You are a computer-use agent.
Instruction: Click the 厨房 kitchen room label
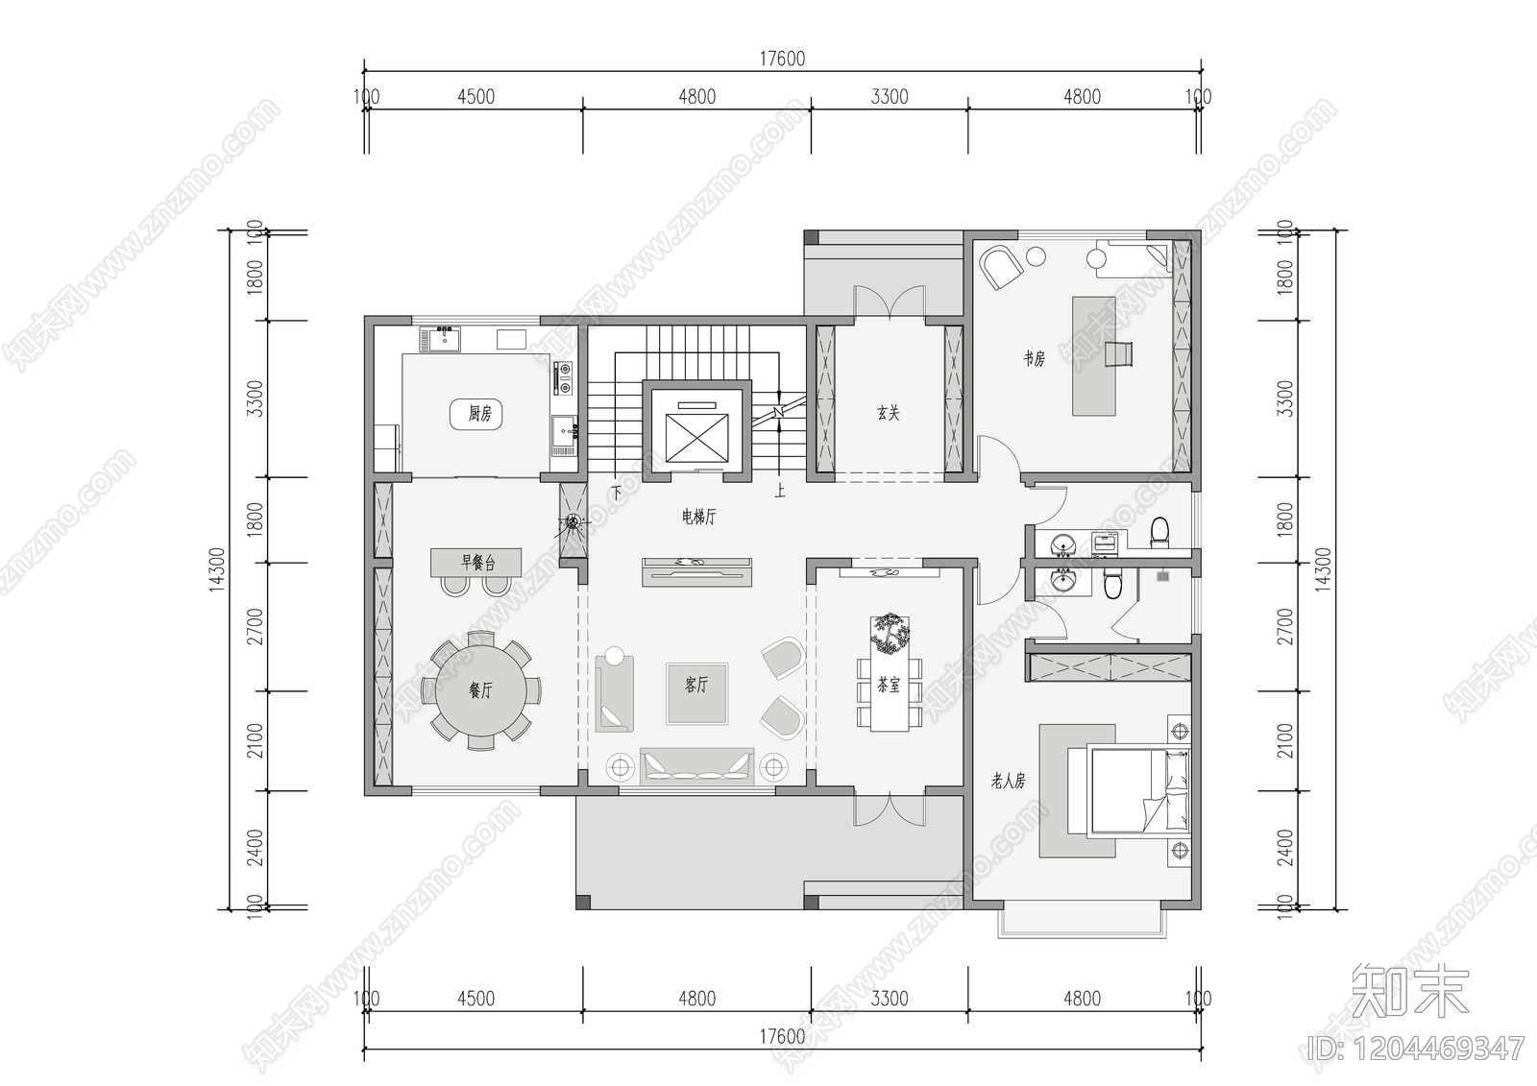[x=479, y=414]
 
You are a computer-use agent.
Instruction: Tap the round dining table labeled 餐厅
[x=479, y=689]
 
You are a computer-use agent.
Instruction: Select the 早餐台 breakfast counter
[x=476, y=562]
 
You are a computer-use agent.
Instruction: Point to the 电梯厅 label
[x=698, y=517]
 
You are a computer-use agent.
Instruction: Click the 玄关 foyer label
[x=888, y=413]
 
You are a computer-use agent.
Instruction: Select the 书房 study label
[x=1034, y=358]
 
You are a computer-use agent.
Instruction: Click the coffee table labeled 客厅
[x=696, y=691]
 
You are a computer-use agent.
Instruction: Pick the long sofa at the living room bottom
[x=696, y=766]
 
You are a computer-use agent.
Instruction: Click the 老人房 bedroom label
[x=1008, y=781]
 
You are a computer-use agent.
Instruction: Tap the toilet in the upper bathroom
[x=1159, y=532]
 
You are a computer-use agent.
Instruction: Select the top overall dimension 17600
[x=782, y=59]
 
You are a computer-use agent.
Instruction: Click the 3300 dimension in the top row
[x=889, y=96]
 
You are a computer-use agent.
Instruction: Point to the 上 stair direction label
[x=780, y=492]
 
